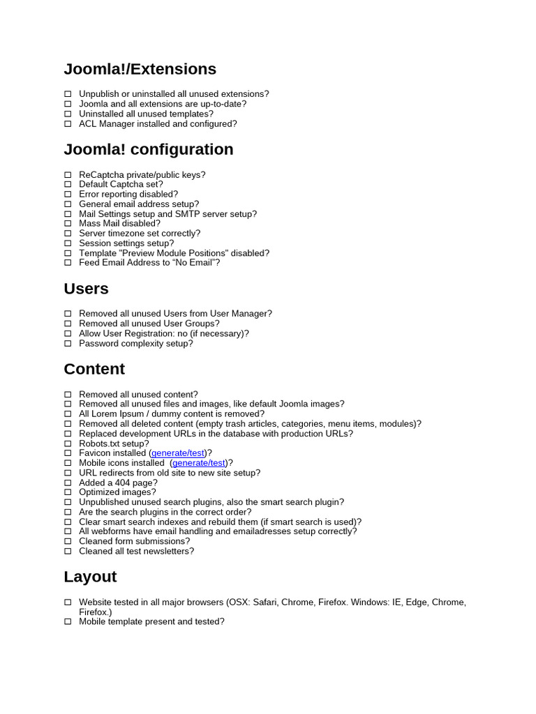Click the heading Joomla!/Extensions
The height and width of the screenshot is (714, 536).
[140, 69]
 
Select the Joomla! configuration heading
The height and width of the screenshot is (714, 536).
[148, 149]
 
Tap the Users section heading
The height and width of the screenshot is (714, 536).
[86, 289]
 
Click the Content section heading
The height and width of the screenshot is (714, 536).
[94, 369]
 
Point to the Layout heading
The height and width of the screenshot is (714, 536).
[90, 577]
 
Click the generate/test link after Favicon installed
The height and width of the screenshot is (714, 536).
[178, 453]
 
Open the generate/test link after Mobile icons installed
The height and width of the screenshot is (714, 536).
[199, 463]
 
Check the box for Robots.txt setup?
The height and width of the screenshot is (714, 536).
[68, 443]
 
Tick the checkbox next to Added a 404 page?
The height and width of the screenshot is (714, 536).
[68, 483]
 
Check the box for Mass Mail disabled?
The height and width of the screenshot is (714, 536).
[68, 224]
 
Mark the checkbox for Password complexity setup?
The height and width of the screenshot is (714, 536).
[68, 344]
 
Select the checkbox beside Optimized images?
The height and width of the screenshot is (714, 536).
[68, 492]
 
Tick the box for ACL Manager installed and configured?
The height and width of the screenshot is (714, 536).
[68, 124]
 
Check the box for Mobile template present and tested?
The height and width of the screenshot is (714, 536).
[68, 622]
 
